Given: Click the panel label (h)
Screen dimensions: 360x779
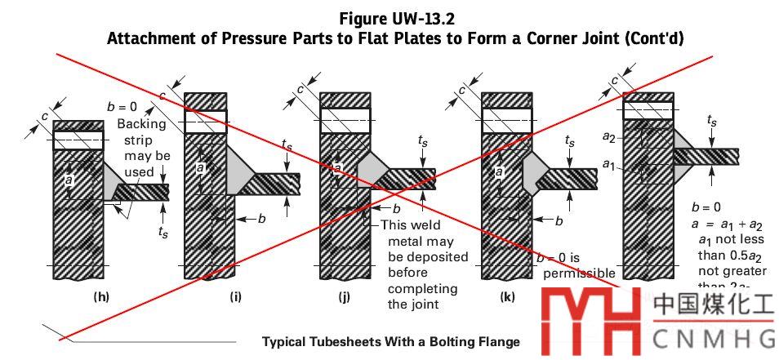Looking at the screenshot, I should point(101,296).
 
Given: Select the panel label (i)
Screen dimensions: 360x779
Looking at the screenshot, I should point(235,296).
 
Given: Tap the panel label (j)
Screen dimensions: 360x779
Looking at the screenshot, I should point(344,296).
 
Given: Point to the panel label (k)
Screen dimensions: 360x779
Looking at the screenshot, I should point(506,296).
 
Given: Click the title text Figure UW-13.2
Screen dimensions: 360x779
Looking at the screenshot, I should point(394,18).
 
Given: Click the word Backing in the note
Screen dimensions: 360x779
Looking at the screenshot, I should point(141,124).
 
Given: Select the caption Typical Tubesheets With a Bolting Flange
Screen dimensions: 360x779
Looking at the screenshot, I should point(390,341).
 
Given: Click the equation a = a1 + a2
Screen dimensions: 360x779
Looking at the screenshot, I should point(727,224).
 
